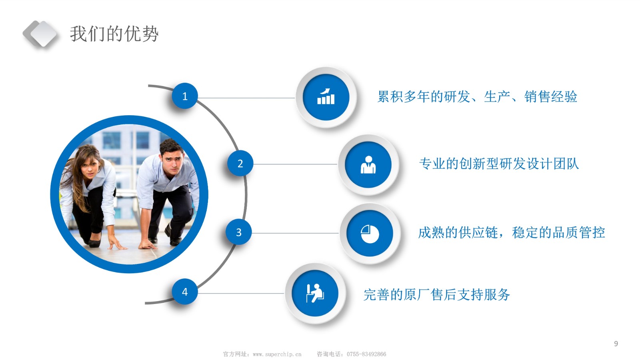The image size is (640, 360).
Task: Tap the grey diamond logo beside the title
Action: (40, 34)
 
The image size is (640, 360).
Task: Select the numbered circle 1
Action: (185, 96)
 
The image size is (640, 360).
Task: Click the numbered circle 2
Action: (240, 164)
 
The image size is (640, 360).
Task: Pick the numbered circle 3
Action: (239, 232)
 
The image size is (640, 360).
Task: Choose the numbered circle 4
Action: (185, 292)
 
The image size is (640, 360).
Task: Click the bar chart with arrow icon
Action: (326, 96)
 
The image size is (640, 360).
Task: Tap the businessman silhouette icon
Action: (368, 165)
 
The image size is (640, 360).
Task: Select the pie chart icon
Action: (370, 234)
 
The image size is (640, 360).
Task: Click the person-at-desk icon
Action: (315, 293)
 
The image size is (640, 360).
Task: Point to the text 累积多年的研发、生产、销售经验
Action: (477, 96)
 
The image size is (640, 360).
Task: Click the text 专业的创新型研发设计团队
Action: (499, 164)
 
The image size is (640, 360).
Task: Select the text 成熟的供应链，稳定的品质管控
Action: (512, 232)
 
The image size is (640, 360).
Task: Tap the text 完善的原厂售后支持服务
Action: (436, 294)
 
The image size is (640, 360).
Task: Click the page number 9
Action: (616, 344)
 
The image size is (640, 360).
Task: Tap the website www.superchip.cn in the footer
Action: (277, 354)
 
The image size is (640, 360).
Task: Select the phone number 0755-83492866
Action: (366, 354)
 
